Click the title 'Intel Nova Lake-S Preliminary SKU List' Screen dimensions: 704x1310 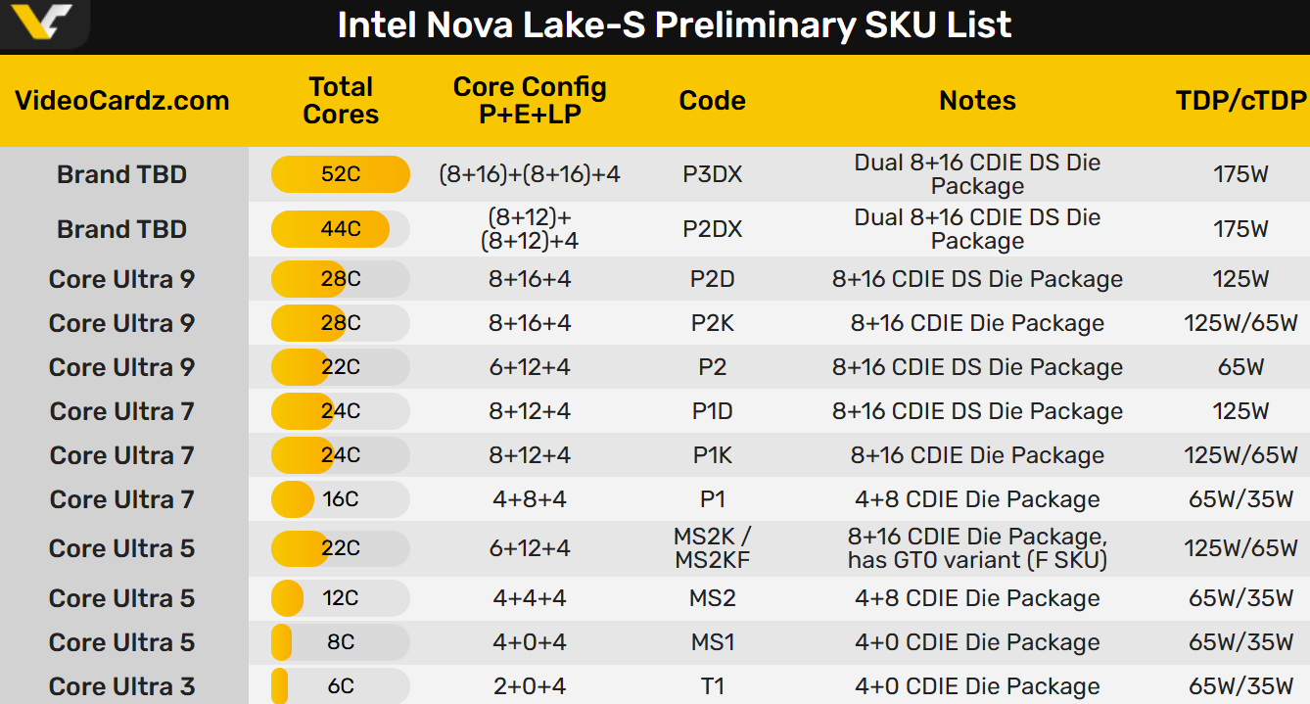coord(674,25)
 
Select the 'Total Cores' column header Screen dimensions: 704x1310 coord(341,101)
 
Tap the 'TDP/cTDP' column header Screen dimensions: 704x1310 coord(1240,101)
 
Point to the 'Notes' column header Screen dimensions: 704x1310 coord(977,101)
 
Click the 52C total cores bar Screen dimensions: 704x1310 coord(341,174)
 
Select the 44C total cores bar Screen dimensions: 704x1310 coord(341,229)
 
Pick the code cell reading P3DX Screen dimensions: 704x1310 coord(713,174)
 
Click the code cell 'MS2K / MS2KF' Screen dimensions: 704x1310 coord(713,548)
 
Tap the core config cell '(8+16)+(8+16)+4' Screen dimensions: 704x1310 coord(530,174)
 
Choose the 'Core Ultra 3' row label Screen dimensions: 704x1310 coord(122,686)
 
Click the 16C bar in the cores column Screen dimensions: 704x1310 coord(341,499)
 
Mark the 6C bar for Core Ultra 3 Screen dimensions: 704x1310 coord(341,686)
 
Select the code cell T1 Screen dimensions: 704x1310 coord(713,686)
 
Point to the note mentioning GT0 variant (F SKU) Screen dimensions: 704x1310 coord(977,548)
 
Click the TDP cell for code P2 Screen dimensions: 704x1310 coord(1240,367)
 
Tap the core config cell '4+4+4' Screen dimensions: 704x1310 coord(530,598)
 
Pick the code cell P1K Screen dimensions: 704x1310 coord(713,455)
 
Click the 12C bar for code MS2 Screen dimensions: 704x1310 coord(341,598)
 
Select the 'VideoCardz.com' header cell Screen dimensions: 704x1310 coord(122,101)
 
